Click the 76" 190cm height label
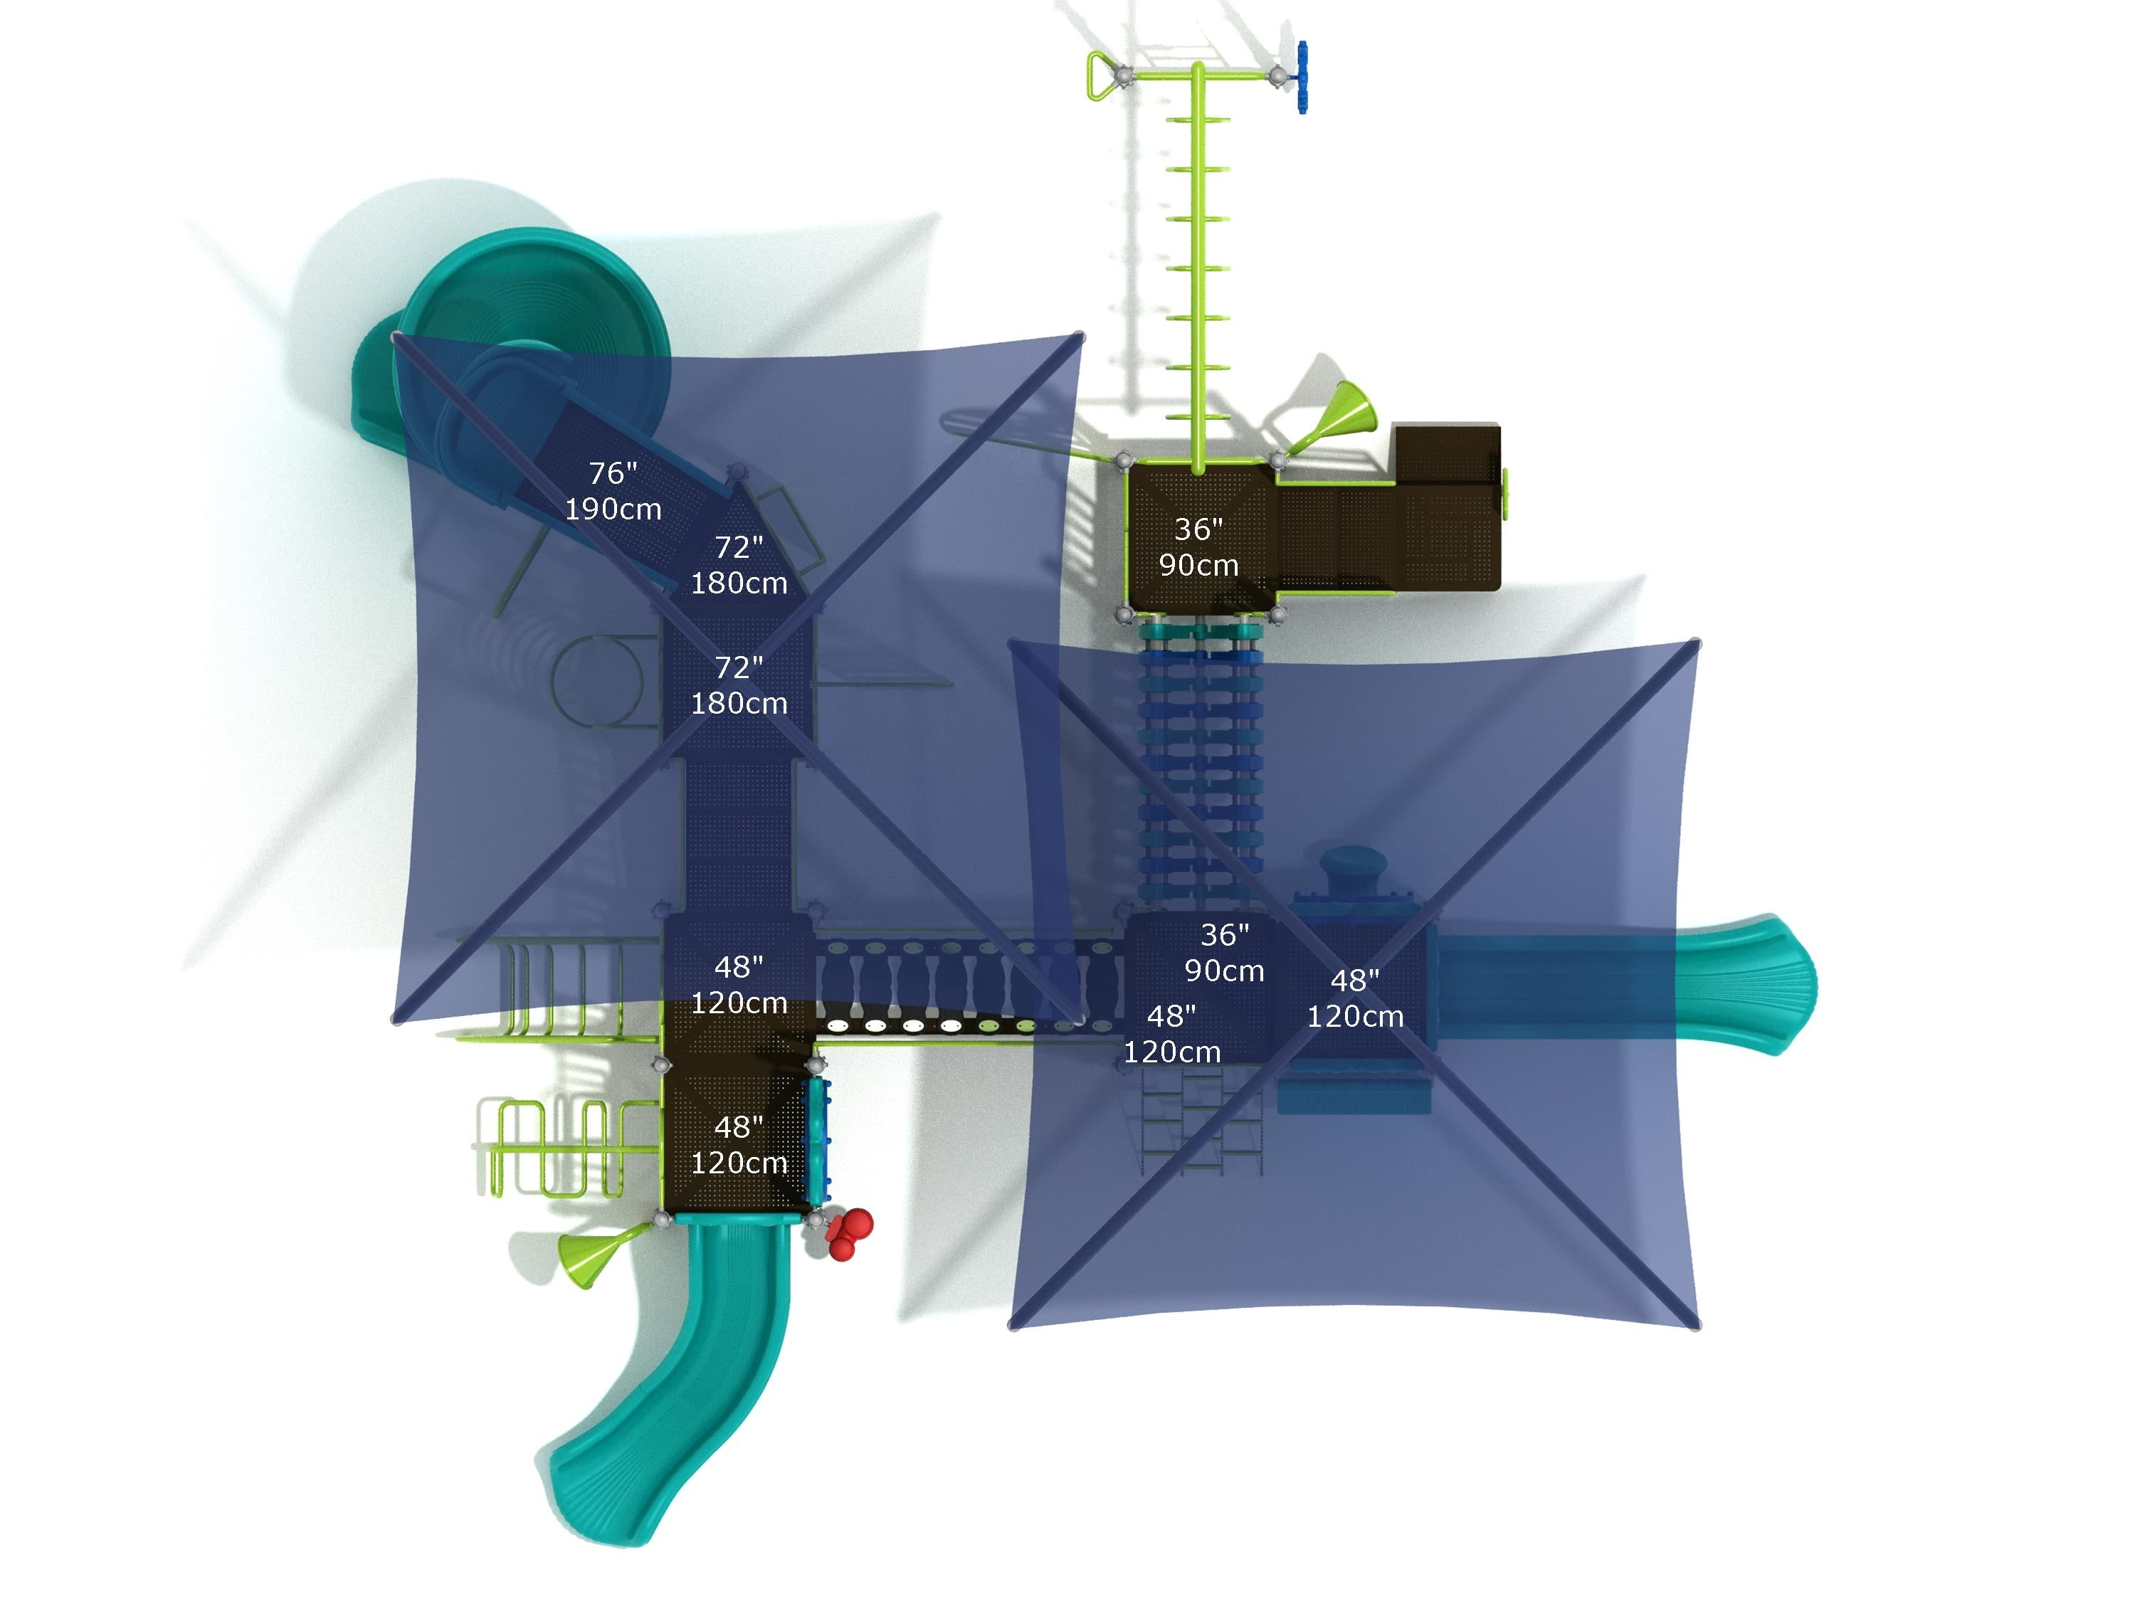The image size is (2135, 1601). coord(613,490)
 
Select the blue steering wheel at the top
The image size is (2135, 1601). coord(1302,77)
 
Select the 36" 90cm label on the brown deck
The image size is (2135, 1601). coord(1198,547)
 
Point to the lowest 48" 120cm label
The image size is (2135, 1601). coord(739,1144)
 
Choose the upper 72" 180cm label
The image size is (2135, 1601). coord(739,564)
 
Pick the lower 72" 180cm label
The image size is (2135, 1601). coord(739,685)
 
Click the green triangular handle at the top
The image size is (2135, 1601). coord(1101,76)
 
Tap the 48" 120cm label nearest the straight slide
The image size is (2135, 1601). coord(1355,998)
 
